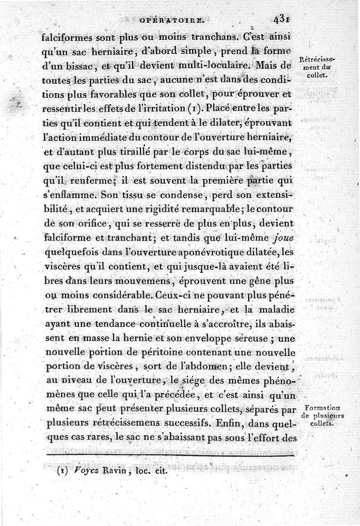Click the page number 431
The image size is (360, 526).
(281, 20)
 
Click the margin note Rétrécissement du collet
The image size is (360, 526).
(320, 67)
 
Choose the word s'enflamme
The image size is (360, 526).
(71, 197)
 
